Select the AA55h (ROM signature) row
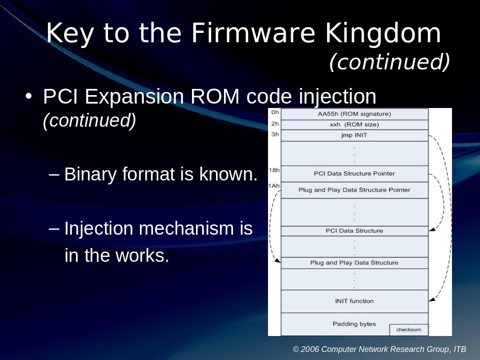[354, 114]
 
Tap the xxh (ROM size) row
[354, 124]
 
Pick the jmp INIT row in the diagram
[354, 135]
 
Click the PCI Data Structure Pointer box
[354, 173]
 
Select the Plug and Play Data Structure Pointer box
[354, 190]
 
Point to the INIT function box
[354, 301]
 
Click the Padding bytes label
[354, 324]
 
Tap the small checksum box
[408, 329]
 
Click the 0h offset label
[275, 112]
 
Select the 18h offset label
[274, 170]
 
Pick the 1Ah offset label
[274, 185]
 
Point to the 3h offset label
[275, 133]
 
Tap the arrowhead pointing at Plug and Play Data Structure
[278, 260]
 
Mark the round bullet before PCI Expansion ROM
[29, 96]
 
